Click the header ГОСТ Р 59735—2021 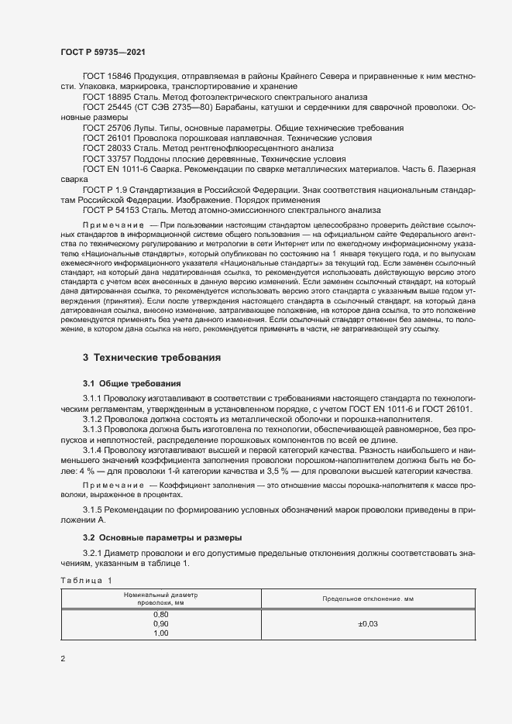click(102, 51)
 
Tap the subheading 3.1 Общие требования click(132, 383)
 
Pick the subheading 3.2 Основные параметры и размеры click(163, 537)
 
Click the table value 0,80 click(161, 613)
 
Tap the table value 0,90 click(161, 623)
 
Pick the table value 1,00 click(161, 633)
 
